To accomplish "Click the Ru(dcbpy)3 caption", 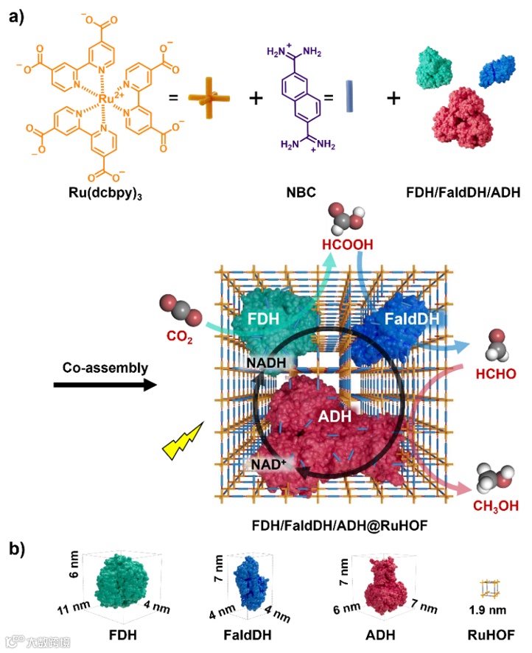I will point(103,194).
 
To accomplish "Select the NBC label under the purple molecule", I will point(309,194).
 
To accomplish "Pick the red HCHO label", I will point(495,374).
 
